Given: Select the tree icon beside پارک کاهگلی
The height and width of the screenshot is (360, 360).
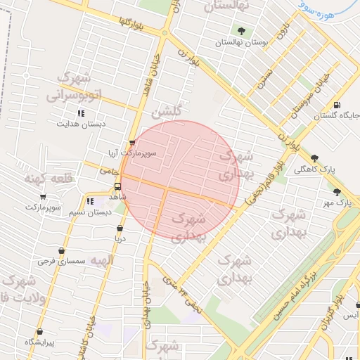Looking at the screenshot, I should coord(314,158).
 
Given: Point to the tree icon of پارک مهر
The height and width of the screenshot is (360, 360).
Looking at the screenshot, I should coord(337,192).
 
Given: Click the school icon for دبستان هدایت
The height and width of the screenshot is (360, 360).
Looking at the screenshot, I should coord(81,112).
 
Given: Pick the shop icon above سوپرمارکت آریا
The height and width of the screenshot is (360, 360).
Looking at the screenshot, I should coord(132,143).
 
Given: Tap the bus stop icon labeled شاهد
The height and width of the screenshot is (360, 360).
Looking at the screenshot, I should coord(117,187).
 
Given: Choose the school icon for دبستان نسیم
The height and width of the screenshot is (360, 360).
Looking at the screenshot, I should coord(89,200).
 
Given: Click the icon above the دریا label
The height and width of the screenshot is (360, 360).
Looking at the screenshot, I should coord(120,228).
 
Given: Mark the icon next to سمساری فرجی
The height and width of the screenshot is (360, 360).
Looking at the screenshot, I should coord(61,250).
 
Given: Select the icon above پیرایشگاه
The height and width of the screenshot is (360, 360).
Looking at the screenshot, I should coord(39,331).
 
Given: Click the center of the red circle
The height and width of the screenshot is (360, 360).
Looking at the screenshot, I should coord(180,180).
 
